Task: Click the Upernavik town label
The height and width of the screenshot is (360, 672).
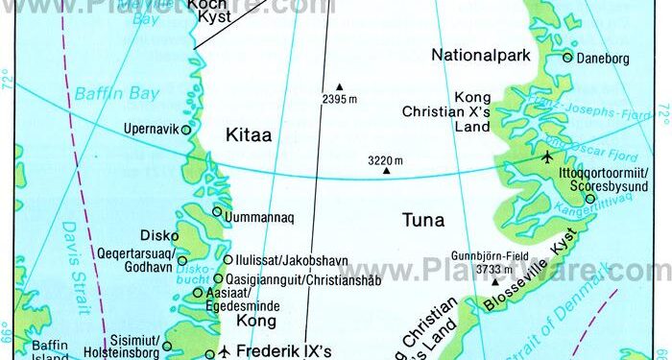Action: pyautogui.click(x=150, y=129)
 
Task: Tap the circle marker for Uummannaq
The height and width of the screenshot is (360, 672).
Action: pyautogui.click(x=217, y=212)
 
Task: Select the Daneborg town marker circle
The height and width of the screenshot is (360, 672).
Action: pyautogui.click(x=567, y=58)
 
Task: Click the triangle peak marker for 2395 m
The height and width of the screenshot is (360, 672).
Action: pyautogui.click(x=339, y=85)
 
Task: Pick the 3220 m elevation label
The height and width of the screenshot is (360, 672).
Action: pyautogui.click(x=385, y=159)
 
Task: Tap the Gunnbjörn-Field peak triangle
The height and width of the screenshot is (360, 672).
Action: pyautogui.click(x=495, y=281)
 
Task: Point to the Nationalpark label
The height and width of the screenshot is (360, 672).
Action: pyautogui.click(x=481, y=54)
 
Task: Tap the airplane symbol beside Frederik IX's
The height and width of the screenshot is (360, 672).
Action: pyautogui.click(x=225, y=351)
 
